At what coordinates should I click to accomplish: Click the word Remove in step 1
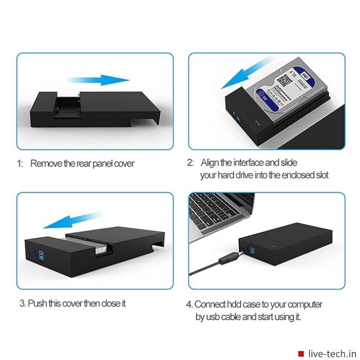pyautogui.click(x=46, y=163)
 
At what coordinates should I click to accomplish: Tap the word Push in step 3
pyautogui.click(x=37, y=303)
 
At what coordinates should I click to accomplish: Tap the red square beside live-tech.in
pyautogui.click(x=301, y=353)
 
